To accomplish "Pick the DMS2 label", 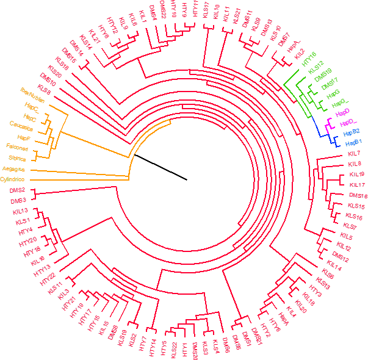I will pos(17,191).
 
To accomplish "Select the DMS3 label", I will pos(17,200).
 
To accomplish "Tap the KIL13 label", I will pos(21,211).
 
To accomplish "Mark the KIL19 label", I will pos(356,175).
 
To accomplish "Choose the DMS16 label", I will pos(358,195).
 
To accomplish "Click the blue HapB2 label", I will pos(350,132).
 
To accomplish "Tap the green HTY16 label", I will pos(310,59).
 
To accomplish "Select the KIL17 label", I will pos(358,184).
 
